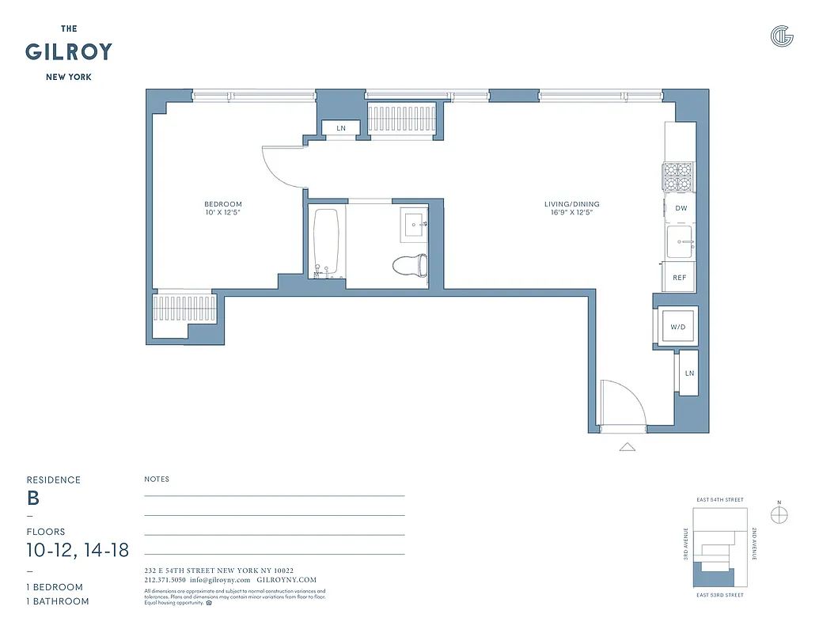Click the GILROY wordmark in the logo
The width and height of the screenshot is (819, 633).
68,53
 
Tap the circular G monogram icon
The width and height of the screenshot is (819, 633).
781,36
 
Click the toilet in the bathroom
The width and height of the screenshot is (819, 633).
411,265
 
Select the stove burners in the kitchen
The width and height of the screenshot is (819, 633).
678,177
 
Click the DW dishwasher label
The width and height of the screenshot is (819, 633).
681,209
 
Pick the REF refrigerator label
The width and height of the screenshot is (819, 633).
679,278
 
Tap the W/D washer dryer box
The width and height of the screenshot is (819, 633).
677,326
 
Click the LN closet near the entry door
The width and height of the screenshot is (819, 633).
688,373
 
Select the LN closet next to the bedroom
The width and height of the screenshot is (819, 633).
341,128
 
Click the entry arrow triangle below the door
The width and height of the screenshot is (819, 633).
627,447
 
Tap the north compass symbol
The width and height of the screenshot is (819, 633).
779,514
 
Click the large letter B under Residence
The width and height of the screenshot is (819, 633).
33,498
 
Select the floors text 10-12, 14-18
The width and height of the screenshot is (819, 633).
78,550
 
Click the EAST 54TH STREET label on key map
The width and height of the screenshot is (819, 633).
719,500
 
